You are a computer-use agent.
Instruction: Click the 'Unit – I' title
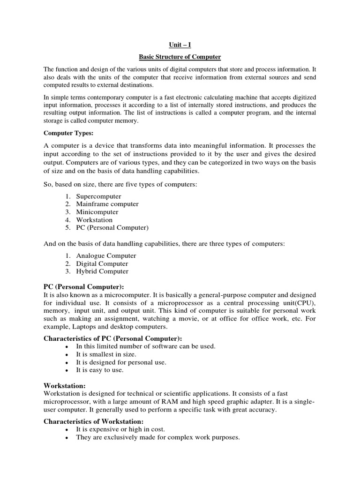pos(180,45)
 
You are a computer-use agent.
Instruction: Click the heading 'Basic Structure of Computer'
pos(180,57)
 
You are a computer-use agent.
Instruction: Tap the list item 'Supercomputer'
pos(98,196)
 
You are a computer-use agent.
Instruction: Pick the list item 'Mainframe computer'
pos(107,204)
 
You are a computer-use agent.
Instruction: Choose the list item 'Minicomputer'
pos(97,212)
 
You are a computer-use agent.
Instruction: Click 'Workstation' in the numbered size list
pos(94,220)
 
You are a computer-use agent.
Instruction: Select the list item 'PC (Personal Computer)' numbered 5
pos(112,227)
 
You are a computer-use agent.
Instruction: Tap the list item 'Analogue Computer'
pos(106,256)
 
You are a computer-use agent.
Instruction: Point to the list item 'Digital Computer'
pos(102,263)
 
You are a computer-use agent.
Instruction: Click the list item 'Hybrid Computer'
pos(102,271)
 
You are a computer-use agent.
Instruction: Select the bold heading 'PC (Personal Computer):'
pos(83,286)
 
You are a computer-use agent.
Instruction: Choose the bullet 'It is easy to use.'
pos(100,370)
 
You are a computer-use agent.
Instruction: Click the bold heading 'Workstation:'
pos(64,385)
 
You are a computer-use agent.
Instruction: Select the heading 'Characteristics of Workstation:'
pos(93,421)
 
